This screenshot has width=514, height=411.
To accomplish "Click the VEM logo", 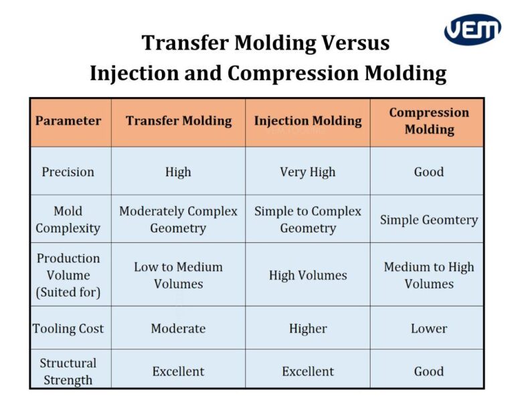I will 473,29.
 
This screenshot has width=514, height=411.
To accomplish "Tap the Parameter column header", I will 68,121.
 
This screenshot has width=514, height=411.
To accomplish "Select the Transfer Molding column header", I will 178,121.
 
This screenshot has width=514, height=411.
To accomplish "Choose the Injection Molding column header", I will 308,121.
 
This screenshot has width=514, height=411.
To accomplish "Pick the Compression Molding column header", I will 428,121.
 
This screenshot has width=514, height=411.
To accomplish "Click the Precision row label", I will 68,172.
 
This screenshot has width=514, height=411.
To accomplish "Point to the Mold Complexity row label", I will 68,220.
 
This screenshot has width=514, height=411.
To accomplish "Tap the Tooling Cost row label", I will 68,329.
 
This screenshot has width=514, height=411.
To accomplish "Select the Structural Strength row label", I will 68,372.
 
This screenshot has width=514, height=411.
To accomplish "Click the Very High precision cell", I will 308,172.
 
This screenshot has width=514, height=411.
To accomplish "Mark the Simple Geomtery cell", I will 428,220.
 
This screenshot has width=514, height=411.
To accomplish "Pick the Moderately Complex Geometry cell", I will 178,220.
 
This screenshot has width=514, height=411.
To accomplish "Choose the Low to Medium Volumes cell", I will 178,275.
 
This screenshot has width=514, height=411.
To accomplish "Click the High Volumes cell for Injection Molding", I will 308,275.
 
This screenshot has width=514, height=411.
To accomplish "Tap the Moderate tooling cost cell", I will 178,329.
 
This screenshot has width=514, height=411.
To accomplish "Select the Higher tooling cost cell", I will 308,329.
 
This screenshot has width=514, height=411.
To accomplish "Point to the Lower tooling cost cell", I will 428,329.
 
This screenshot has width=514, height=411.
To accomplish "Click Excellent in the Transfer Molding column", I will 178,372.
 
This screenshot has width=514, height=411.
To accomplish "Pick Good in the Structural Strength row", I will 428,372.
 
